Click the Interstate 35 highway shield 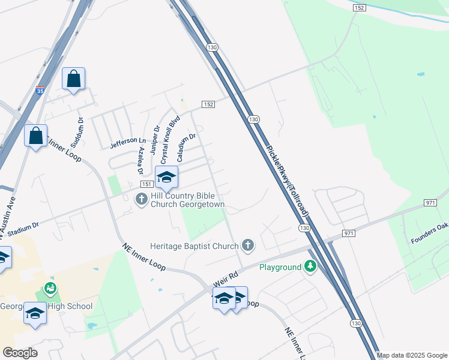tap(40, 91)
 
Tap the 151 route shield tap(147, 184)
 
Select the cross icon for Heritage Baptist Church tap(247, 245)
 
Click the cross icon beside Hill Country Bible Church tap(142, 199)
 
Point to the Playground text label tap(279, 267)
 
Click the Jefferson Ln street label tap(128, 142)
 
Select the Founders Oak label tap(429, 233)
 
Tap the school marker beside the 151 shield tap(167, 177)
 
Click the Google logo tap(20, 352)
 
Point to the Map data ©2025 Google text tap(412, 355)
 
